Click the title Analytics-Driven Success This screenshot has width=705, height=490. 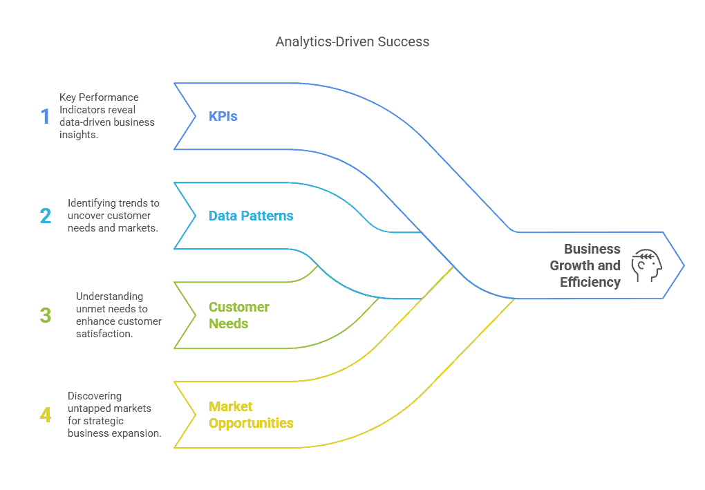coord(352,41)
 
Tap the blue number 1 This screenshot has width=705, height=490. coord(45,116)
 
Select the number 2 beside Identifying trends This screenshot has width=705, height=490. coord(45,216)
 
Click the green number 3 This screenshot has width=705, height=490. coord(45,316)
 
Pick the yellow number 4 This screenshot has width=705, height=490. coord(46,415)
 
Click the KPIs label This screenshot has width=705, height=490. coord(223,116)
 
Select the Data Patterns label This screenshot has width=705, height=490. coord(251,216)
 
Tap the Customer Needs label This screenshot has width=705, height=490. coord(239,315)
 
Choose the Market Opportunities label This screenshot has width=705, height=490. coord(251,415)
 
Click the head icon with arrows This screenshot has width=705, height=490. coord(647,265)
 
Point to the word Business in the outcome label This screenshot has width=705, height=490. coord(592,249)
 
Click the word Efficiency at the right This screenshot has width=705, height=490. coord(590,282)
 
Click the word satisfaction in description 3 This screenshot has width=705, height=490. coord(104,334)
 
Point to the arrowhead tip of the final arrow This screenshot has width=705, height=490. coord(684,265)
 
